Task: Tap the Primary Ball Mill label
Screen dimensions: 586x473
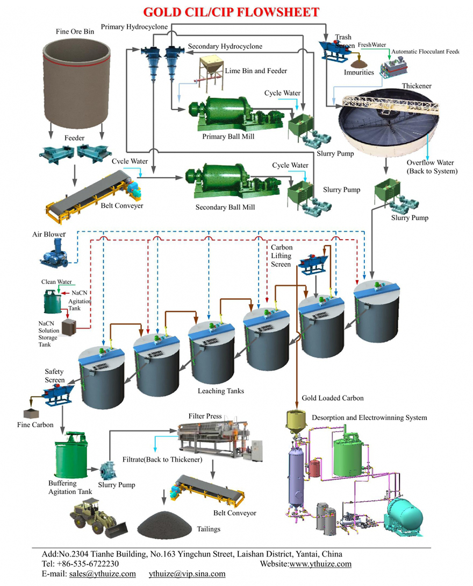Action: pos(228,137)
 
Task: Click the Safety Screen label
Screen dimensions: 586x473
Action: pos(54,376)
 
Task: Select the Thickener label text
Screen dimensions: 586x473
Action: pos(417,86)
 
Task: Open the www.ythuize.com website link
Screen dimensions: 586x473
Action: pos(320,564)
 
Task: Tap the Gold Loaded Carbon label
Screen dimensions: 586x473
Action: pos(333,398)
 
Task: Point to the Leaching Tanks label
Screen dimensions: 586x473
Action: pos(220,391)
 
